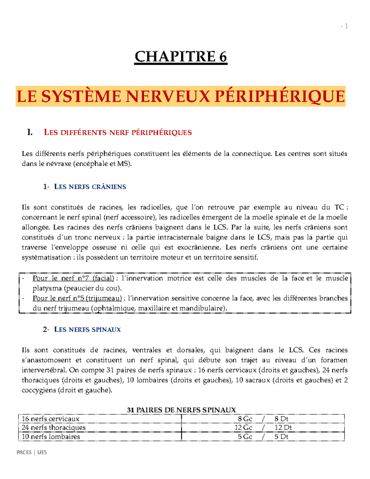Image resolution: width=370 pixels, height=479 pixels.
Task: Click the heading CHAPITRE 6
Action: pos(181,57)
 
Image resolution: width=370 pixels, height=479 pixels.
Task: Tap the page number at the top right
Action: pos(344,26)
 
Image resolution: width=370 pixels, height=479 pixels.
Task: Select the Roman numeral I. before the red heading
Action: pos(30,133)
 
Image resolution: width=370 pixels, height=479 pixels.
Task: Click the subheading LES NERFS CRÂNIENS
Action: pos(90,187)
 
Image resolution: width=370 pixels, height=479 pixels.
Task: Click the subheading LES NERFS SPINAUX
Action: pos(87,329)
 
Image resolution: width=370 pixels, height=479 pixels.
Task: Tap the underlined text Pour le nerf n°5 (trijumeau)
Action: pos(77,298)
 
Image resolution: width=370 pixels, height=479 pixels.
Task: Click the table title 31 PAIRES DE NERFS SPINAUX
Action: pos(181,410)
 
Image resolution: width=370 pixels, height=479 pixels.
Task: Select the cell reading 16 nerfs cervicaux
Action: pos(51,419)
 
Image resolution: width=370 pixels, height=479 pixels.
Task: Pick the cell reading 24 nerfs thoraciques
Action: pos(54,427)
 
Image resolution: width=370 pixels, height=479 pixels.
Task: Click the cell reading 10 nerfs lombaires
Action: pos(51,437)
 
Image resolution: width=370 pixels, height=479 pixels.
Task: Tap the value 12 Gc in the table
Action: pos(243,427)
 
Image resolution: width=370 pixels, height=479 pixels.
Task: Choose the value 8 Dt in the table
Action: pos(281,419)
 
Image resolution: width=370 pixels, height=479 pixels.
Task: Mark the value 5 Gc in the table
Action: pos(245,437)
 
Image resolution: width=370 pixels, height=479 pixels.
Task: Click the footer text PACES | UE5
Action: pos(32,452)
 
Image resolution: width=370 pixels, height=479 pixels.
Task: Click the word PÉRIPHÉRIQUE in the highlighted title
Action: pos(279,97)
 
